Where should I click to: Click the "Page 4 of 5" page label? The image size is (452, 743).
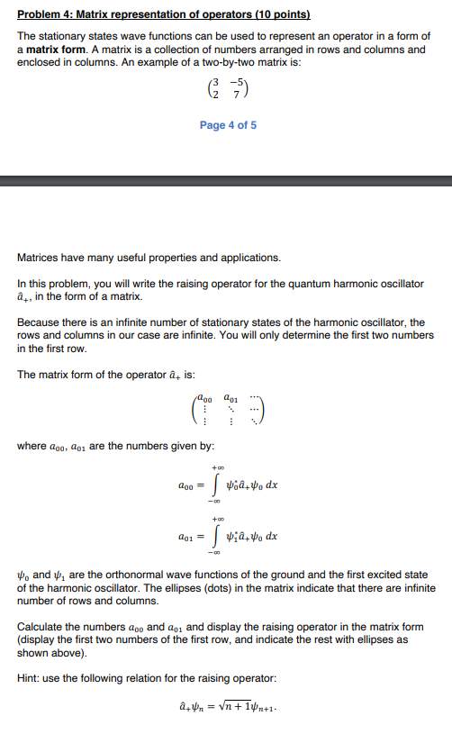point(228,125)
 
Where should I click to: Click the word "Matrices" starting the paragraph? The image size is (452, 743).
point(41,258)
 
